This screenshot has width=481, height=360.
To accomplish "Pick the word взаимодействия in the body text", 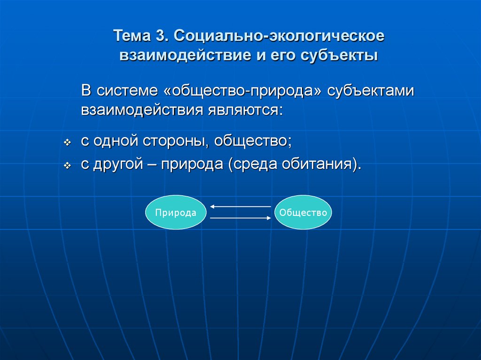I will click(x=141, y=110).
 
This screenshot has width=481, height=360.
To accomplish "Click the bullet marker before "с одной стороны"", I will click(x=67, y=142).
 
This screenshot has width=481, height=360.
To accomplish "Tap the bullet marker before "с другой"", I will click(x=67, y=166).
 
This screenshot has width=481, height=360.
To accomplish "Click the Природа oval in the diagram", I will click(x=176, y=213).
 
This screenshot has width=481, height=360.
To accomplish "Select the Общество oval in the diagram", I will click(x=303, y=213).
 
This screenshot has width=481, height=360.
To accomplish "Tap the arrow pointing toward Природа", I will click(x=240, y=207).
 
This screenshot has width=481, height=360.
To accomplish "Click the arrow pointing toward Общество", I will click(x=240, y=218).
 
